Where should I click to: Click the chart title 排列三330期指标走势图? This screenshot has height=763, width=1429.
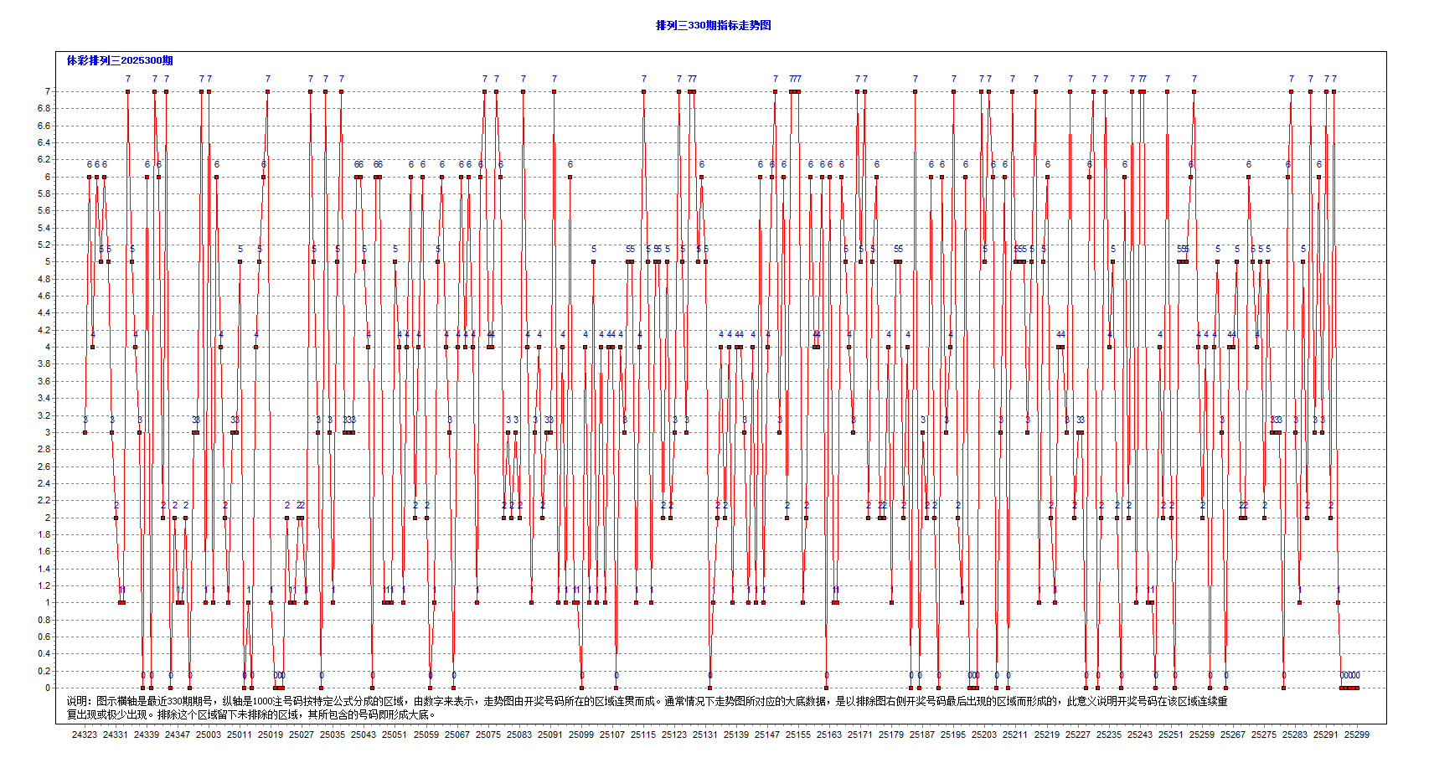pyautogui.click(x=713, y=25)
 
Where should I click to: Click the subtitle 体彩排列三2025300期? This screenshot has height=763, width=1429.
pyautogui.click(x=120, y=60)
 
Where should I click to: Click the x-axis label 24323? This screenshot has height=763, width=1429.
pyautogui.click(x=85, y=735)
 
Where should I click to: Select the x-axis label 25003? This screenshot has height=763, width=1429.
pyautogui.click(x=209, y=735)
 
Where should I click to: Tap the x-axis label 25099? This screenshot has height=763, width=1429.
pyautogui.click(x=581, y=735)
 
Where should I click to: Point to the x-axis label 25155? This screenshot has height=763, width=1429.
pyautogui.click(x=798, y=735)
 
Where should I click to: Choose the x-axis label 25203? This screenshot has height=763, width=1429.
pyautogui.click(x=984, y=735)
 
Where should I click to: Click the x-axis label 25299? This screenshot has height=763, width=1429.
pyautogui.click(x=1357, y=735)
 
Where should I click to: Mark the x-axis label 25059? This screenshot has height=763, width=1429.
pyautogui.click(x=426, y=735)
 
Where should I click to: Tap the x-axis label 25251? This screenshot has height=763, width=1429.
pyautogui.click(x=1171, y=735)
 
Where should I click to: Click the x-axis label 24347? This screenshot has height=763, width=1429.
pyautogui.click(x=178, y=735)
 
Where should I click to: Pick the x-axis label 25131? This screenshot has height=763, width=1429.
pyautogui.click(x=705, y=735)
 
